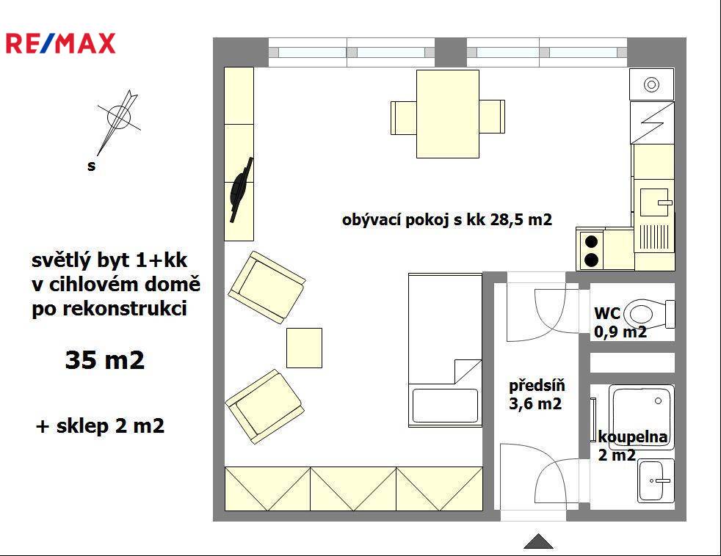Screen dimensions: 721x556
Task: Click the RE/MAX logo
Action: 60,44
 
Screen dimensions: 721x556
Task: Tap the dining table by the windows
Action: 448,114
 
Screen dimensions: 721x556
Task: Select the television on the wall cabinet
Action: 242,190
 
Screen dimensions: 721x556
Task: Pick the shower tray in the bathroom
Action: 642,417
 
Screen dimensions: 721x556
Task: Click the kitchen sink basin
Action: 654,202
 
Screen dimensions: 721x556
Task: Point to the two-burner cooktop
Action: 591,250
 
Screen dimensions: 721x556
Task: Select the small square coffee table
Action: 305,348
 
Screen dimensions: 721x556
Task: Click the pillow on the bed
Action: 445,406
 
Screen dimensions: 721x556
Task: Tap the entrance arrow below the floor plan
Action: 538,541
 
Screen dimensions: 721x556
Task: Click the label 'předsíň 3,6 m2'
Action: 537,394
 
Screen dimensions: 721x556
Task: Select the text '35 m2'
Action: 105,360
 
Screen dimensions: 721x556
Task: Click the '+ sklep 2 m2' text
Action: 100,426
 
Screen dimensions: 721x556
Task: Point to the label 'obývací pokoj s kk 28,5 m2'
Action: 447,219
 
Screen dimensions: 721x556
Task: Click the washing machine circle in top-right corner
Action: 651,84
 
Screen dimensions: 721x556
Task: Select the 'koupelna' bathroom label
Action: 633,436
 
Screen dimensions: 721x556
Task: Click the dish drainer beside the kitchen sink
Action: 654,237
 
